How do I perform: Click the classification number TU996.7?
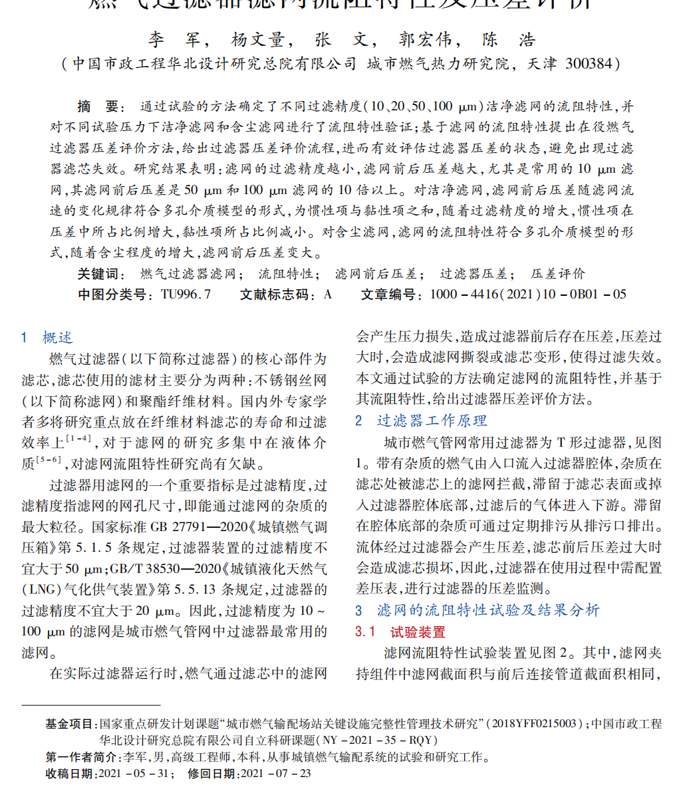pyautogui.click(x=186, y=294)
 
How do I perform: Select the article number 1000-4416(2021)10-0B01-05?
pyautogui.click(x=528, y=294)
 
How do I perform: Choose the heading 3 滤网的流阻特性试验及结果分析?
pyautogui.click(x=477, y=610)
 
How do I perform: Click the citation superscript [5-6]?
pyautogui.click(x=49, y=459)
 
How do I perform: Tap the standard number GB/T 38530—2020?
pyautogui.click(x=166, y=570)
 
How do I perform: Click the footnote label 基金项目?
pyautogui.click(x=70, y=724)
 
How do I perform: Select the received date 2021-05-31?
pyautogui.click(x=136, y=774)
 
